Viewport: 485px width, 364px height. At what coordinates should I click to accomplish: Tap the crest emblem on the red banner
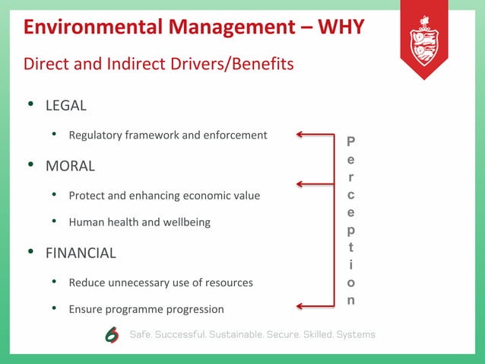point(423,43)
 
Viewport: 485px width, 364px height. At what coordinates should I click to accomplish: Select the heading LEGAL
point(66,105)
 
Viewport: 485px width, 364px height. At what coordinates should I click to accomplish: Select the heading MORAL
point(70,165)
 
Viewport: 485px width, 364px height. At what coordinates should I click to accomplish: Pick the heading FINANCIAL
point(81,253)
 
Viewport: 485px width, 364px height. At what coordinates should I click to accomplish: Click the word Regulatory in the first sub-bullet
point(94,136)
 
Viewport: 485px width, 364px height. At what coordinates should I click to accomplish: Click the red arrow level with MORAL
point(311,184)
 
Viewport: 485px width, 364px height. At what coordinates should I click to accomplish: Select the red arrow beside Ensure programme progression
point(311,306)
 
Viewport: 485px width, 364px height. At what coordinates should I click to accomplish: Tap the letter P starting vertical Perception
point(350,142)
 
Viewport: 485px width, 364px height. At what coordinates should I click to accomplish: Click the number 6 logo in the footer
point(112,335)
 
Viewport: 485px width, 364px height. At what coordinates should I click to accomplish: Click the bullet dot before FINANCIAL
point(30,252)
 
